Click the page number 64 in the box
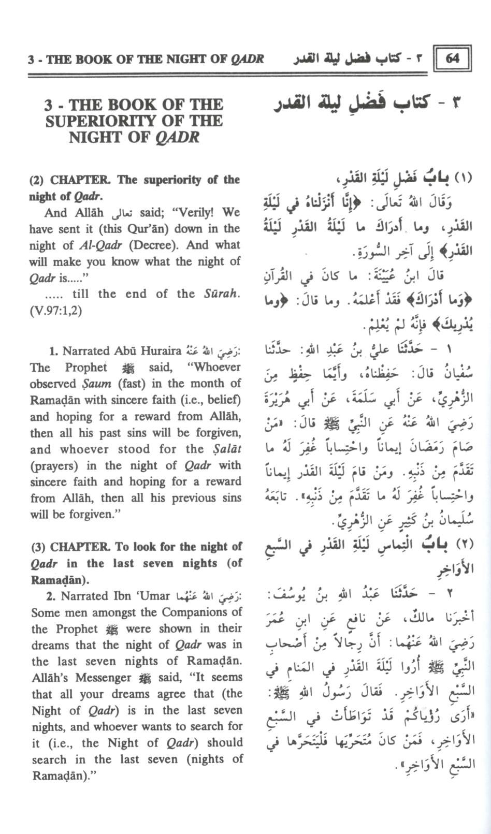452,58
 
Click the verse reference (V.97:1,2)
56,311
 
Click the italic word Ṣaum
96,384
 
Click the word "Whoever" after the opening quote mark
217,368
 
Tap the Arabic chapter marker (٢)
463,545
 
